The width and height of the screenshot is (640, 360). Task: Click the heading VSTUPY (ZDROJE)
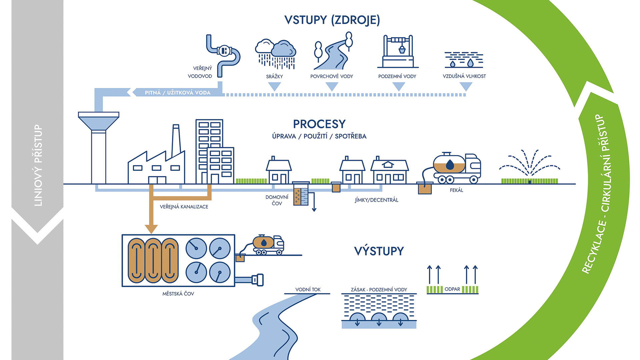tap(332, 20)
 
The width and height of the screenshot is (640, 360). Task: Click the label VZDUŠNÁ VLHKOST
tap(464, 76)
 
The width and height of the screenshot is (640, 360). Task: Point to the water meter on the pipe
tap(224, 51)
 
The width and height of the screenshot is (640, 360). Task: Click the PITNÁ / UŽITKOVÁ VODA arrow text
tap(177, 93)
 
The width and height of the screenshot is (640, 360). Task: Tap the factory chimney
tap(176, 140)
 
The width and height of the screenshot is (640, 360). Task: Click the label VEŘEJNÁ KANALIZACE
tap(184, 207)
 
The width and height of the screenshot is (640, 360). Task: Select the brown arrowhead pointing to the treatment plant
tap(151, 229)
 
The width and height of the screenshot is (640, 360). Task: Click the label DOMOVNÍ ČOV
tap(277, 200)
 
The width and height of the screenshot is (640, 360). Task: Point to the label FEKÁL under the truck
tap(456, 190)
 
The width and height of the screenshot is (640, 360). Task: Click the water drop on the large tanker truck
tap(450, 164)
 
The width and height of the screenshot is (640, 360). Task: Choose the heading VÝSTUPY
tap(379, 251)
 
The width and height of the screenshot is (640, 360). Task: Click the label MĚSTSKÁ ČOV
tap(178, 294)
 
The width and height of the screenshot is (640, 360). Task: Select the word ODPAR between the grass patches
tap(452, 289)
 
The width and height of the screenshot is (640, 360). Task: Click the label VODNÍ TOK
tap(308, 290)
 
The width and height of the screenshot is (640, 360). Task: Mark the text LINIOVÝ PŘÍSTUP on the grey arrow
tap(38, 165)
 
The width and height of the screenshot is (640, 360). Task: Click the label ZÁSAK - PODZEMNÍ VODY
tap(379, 290)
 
